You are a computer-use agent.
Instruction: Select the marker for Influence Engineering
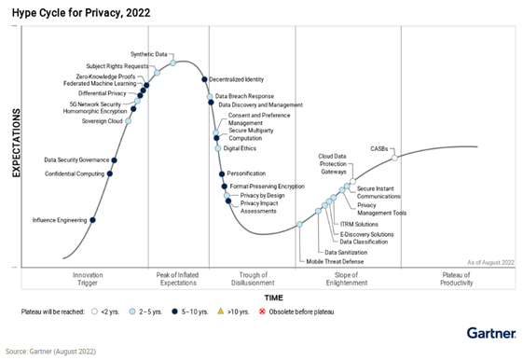tap(92, 220)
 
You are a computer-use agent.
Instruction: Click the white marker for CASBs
tap(395, 158)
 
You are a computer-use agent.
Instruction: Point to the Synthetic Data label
tap(149, 54)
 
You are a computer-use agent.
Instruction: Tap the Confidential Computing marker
tap(110, 173)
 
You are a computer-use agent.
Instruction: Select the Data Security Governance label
tap(76, 160)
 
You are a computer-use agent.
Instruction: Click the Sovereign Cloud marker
tap(129, 121)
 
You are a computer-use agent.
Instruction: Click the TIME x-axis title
tap(273, 297)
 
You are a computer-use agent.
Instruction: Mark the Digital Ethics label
tap(240, 148)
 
